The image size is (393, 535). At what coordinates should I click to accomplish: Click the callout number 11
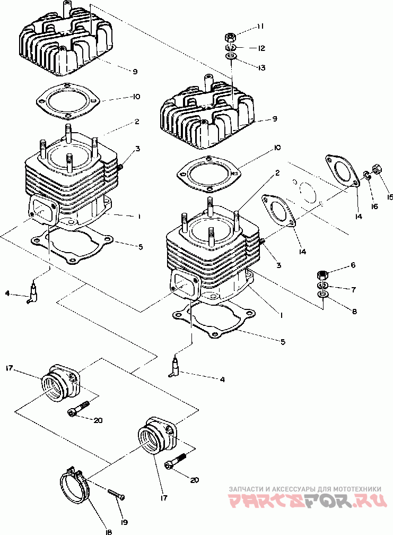tap(260, 27)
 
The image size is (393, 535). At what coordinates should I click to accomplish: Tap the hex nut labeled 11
tap(230, 36)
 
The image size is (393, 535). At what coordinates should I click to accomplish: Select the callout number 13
tap(261, 67)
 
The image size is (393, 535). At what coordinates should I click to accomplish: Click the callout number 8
tap(354, 311)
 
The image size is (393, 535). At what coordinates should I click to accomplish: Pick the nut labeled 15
tap(377, 169)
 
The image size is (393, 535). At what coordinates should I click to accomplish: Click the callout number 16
tap(374, 206)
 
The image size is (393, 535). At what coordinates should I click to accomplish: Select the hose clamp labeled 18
tap(74, 486)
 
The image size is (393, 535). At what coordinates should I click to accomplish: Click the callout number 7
tap(353, 290)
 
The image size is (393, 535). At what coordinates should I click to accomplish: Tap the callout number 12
tap(261, 48)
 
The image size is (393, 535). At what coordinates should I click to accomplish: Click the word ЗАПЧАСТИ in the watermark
tap(244, 489)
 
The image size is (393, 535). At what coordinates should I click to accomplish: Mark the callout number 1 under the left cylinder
tap(139, 217)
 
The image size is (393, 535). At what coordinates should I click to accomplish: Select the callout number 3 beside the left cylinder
tap(137, 149)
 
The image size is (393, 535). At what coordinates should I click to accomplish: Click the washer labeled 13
tap(231, 56)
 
